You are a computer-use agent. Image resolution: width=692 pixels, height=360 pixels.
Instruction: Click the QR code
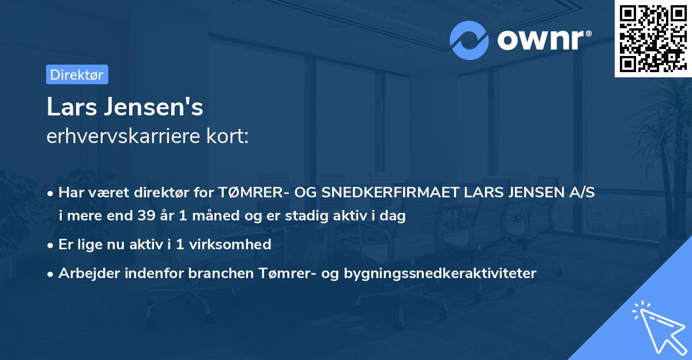coord(653,39)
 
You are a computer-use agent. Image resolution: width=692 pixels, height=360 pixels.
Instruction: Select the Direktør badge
coord(77,74)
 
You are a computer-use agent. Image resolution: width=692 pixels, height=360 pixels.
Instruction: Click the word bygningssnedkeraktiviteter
coord(439,273)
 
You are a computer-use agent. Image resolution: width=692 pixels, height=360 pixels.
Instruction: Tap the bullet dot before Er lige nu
coord(51,245)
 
